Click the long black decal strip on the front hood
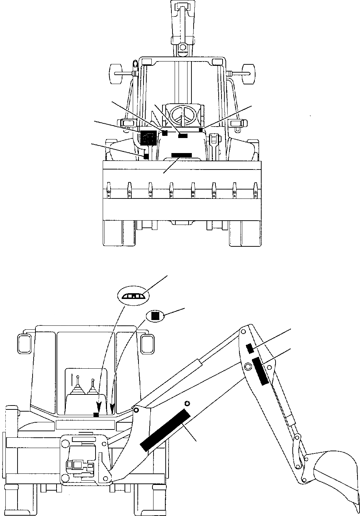click(181, 155)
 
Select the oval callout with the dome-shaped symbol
click(132, 296)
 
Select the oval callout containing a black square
click(155, 315)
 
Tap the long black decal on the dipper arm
click(261, 371)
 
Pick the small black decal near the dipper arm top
click(250, 348)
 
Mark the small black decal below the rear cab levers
click(96, 414)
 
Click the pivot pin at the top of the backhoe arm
click(243, 331)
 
